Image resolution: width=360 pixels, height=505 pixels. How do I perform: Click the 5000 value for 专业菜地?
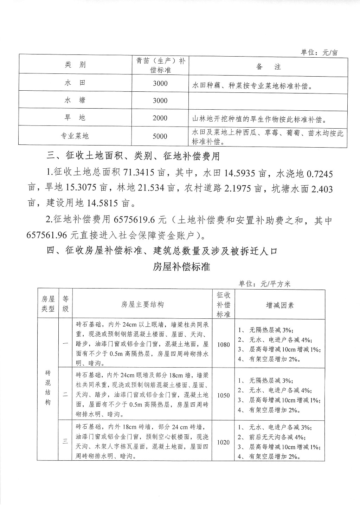tap(160, 136)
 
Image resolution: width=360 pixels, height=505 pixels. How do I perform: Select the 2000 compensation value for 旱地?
tap(160, 118)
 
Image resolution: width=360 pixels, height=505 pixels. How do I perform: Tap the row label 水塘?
tap(75, 101)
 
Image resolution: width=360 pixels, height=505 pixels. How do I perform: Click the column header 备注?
tap(269, 67)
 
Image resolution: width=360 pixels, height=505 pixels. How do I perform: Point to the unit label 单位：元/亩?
tap(319, 52)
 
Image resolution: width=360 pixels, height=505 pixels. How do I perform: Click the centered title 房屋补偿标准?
tap(181, 267)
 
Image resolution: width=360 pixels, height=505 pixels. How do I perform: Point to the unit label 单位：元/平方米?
tap(264, 284)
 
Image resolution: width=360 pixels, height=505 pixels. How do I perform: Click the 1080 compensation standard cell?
tap(223, 344)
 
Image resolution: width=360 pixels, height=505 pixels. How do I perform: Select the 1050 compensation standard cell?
tap(223, 395)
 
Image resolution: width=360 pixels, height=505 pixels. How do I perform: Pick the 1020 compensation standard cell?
tap(223, 442)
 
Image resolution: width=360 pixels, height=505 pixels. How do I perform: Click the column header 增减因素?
tap(280, 305)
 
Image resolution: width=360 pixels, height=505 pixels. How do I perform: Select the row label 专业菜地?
tap(75, 136)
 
